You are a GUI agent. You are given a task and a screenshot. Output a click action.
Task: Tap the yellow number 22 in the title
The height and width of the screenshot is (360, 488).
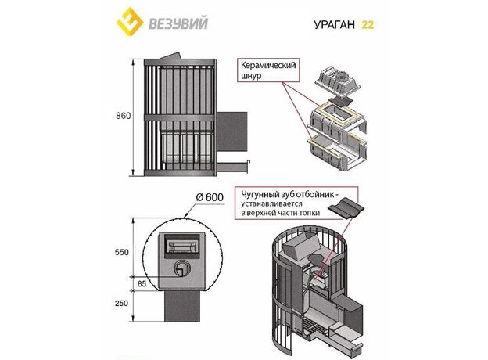click(x=367, y=23)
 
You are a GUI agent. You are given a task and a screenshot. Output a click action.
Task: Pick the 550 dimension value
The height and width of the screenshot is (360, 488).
click(x=122, y=253)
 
